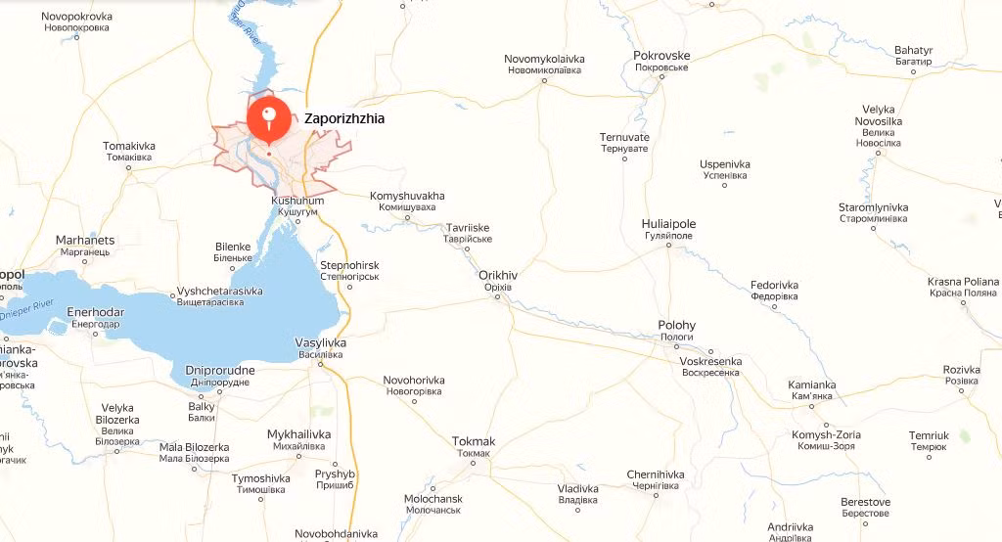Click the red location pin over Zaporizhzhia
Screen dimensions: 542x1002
pos(268,117)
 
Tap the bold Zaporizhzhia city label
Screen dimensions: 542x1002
pos(344,118)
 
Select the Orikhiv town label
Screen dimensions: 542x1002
pos(498,275)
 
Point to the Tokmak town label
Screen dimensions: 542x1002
pos(474,441)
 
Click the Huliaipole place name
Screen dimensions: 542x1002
pos(667,223)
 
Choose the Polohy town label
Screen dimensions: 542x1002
pos(676,326)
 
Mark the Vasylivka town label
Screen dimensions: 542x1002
pos(320,342)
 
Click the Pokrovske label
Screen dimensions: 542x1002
pos(661,56)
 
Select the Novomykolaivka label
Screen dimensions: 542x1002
pos(543,60)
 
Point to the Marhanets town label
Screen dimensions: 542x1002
pos(85,241)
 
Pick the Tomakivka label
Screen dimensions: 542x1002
pos(128,147)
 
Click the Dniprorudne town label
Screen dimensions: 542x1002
pos(220,370)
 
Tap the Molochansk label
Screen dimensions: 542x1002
pos(433,499)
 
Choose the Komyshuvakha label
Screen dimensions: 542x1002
pos(407,197)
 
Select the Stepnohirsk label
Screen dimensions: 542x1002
pos(349,266)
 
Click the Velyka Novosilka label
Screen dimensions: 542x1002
pos(877,115)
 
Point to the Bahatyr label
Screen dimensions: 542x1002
pos(914,50)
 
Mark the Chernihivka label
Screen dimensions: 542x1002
pos(656,475)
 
